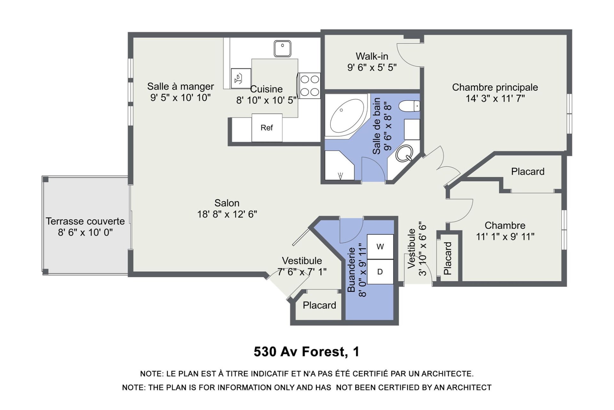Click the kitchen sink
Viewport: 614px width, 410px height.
click(x=282, y=49)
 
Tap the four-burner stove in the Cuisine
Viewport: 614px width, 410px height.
click(x=309, y=86)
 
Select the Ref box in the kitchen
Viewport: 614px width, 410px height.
click(x=267, y=128)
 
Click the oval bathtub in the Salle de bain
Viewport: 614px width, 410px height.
click(x=347, y=116)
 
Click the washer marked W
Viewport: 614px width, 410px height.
click(x=380, y=247)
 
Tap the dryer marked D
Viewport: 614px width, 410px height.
click(x=380, y=272)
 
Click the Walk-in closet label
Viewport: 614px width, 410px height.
click(x=372, y=56)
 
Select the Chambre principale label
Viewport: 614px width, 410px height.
click(x=495, y=87)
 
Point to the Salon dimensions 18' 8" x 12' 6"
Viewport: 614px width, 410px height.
click(x=227, y=214)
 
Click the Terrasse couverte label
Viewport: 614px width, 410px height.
click(x=85, y=221)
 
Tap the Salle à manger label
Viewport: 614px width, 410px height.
click(x=180, y=86)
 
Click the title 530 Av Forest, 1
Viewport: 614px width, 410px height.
click(x=307, y=352)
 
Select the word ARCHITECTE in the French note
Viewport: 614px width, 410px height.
click(x=447, y=374)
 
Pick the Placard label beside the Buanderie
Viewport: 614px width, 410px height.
click(x=319, y=305)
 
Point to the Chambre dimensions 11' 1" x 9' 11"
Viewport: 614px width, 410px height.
click(x=505, y=237)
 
